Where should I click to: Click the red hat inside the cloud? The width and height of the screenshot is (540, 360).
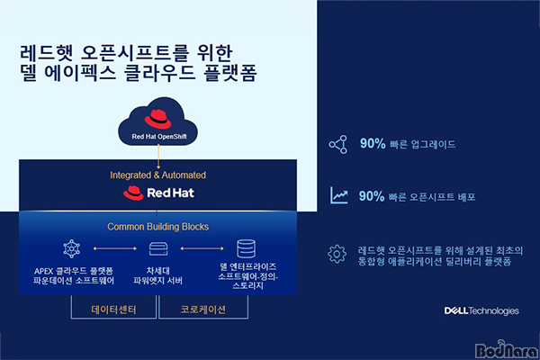click(157, 119)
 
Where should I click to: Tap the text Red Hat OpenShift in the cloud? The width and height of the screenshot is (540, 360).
click(159, 137)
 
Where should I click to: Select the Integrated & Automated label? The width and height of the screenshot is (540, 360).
click(158, 175)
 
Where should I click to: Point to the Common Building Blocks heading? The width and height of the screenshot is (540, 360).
click(158, 227)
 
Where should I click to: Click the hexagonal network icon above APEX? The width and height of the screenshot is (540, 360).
click(72, 248)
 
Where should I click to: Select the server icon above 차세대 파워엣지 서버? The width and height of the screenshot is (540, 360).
click(158, 248)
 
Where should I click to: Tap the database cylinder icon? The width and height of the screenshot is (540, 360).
click(247, 248)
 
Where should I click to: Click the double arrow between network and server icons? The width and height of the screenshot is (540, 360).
click(115, 248)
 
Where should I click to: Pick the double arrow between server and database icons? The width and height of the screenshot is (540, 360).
click(202, 248)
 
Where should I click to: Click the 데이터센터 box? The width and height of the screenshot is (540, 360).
click(113, 307)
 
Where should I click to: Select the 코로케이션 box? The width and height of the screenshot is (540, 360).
click(203, 307)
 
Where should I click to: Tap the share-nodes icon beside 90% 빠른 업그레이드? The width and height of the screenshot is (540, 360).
click(338, 144)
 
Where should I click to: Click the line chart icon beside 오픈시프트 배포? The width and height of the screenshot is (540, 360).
click(339, 195)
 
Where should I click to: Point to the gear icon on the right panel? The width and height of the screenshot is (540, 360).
click(337, 254)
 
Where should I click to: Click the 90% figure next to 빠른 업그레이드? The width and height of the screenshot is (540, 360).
click(373, 144)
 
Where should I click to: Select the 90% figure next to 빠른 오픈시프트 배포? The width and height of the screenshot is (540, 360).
click(372, 196)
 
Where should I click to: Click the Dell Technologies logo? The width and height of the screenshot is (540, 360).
click(481, 310)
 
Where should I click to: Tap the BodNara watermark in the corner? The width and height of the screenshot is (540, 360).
click(506, 350)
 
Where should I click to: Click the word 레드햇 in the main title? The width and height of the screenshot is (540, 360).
click(46, 53)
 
